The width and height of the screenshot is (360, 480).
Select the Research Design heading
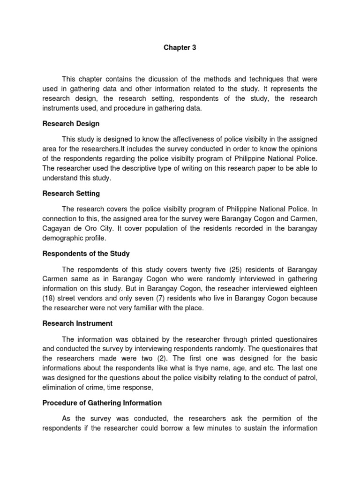(71, 124)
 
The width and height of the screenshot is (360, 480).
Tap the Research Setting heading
(71, 193)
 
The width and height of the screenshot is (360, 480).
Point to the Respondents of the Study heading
(86, 254)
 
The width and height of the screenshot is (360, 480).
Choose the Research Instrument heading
(77, 323)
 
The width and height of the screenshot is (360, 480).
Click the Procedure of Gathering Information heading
(102, 403)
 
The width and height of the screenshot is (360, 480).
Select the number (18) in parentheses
(49, 299)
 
